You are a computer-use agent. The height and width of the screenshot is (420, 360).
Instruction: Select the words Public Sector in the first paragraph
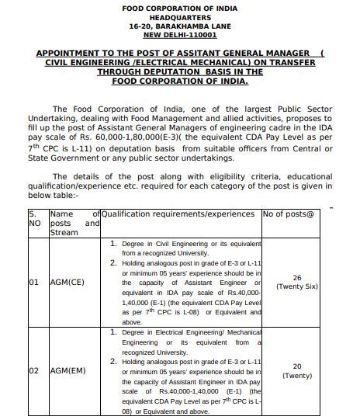[x=299, y=110]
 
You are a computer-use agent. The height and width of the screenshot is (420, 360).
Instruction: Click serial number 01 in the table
[x=34, y=283]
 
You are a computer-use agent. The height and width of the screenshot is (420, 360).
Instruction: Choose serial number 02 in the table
[x=34, y=371]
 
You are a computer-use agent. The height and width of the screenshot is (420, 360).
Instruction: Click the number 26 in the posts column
[x=297, y=277]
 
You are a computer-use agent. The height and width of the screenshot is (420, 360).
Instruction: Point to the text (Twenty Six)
[x=297, y=286]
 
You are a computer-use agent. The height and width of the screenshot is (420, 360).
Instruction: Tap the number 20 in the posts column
[x=297, y=366]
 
